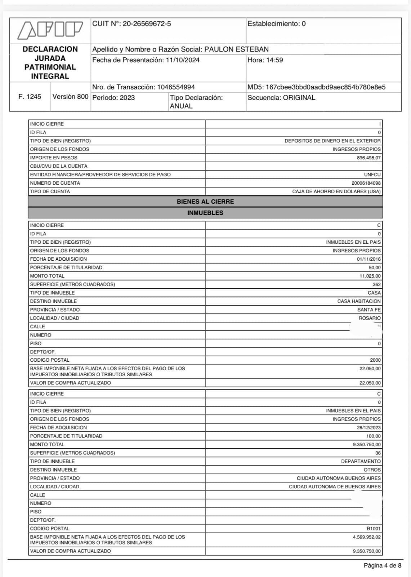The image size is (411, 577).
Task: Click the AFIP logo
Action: (50, 30)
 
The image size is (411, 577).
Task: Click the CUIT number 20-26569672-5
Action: (147, 24)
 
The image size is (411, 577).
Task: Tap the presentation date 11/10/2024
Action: (183, 60)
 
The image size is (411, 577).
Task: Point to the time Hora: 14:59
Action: (265, 60)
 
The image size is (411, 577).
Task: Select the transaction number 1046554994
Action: (176, 87)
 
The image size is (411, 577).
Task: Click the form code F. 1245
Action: (30, 97)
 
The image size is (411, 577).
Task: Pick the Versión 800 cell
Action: (70, 97)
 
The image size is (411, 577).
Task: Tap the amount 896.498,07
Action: (368, 158)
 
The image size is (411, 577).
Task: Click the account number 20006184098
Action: (366, 183)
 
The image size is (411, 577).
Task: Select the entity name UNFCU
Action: (372, 175)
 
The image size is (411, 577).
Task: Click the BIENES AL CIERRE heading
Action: (205, 202)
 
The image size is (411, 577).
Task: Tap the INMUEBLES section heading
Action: (205, 213)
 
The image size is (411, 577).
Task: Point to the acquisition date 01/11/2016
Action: (368, 259)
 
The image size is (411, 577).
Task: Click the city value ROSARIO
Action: (370, 318)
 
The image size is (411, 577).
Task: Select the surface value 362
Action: (376, 285)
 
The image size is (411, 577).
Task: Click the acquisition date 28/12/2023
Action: (368, 428)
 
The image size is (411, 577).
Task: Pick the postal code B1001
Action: (374, 529)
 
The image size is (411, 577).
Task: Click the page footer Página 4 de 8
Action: (382, 565)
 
